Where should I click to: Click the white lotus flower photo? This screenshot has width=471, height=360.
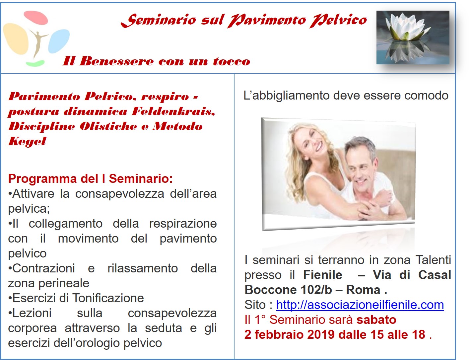413,37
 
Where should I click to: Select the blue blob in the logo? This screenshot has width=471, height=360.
59,41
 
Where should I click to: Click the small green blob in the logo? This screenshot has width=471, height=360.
35,63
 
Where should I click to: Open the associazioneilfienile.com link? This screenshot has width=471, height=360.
360,305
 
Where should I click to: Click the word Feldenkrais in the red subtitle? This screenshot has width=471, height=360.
173,111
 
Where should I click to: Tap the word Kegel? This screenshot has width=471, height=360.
27,141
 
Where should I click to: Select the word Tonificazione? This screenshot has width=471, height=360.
108,298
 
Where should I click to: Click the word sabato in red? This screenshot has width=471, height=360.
376,320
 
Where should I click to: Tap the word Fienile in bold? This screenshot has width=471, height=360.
322,275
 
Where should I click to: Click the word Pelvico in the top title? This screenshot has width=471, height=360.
338,21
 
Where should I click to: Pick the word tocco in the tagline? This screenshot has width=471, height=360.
232,61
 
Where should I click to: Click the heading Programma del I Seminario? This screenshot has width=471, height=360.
90,179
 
